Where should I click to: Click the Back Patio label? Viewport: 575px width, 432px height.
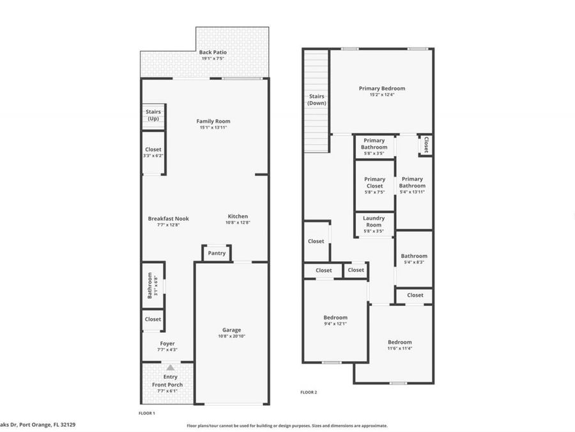pos(213,52)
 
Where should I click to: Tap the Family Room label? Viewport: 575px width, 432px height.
pos(213,121)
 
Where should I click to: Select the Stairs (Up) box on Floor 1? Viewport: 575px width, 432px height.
pos(153,115)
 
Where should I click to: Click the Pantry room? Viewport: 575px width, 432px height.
pos(217,253)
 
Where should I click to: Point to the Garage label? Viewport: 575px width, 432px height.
pos(231,330)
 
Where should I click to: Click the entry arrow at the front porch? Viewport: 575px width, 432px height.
pos(170,368)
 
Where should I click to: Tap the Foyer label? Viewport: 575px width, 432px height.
pos(167,344)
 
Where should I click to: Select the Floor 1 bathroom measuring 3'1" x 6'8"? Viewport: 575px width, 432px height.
pos(153,285)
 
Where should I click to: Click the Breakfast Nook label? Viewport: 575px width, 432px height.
pos(168,218)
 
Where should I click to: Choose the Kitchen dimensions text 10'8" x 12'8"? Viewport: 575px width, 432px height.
pos(238,223)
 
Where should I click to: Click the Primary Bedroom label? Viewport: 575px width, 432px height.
pos(381,88)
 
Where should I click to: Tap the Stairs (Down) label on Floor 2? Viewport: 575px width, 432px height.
pos(316,99)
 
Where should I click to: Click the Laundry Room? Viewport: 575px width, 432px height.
pos(374,221)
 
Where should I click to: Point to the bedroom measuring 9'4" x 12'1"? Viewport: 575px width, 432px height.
pos(335,320)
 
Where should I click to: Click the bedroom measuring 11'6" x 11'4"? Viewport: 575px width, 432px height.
pos(399,345)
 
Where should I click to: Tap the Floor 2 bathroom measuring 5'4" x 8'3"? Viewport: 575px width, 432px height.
pos(414,259)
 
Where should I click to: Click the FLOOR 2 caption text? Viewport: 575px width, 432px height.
pos(309,392)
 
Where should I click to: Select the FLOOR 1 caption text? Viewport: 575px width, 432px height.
pos(147,413)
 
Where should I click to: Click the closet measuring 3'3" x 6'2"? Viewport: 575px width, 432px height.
pos(153,152)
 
